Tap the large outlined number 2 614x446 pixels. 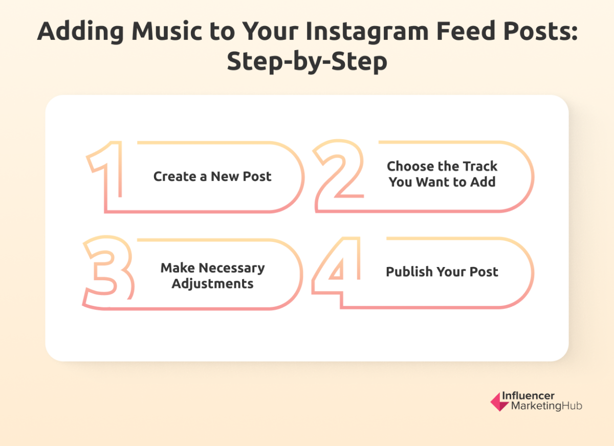click(339, 176)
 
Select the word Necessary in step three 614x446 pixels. click(232, 268)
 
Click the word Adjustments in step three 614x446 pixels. click(212, 284)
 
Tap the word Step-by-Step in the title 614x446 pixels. click(307, 62)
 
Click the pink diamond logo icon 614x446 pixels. click(499, 402)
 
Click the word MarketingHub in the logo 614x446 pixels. click(546, 407)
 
